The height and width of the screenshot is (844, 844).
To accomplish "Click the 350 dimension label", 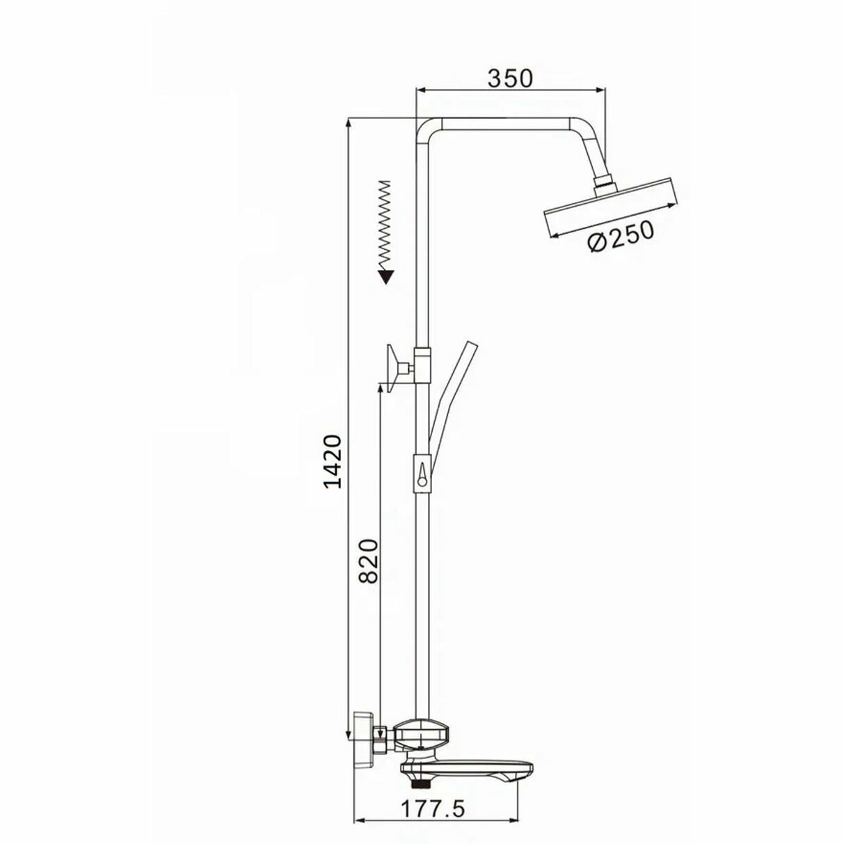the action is pos(510,79).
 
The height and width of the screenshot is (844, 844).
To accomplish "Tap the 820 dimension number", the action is pos(368,561).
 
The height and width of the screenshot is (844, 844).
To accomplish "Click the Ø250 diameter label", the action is pos(621,237).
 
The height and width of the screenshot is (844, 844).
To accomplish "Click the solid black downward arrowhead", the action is pos(386,277).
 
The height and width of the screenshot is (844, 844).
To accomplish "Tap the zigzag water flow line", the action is pos(385,225).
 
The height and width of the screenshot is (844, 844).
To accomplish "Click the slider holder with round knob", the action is pos(422,473).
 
